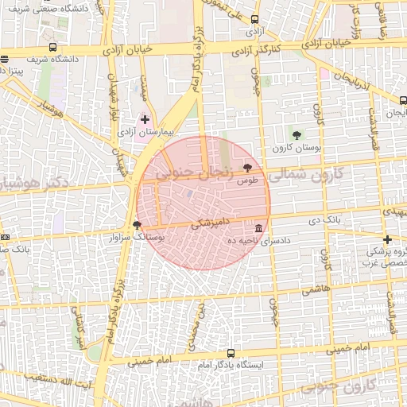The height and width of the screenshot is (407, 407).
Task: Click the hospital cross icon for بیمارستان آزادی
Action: [x=145, y=119]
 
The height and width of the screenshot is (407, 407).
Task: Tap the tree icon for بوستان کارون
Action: [x=297, y=135]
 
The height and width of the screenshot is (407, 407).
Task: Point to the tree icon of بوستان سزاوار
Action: [x=138, y=226]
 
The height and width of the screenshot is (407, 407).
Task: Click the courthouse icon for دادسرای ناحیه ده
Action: [x=259, y=228]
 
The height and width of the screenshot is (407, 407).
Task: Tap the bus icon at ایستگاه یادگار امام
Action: [x=231, y=353]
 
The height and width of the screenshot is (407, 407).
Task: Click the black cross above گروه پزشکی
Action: [x=387, y=239]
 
